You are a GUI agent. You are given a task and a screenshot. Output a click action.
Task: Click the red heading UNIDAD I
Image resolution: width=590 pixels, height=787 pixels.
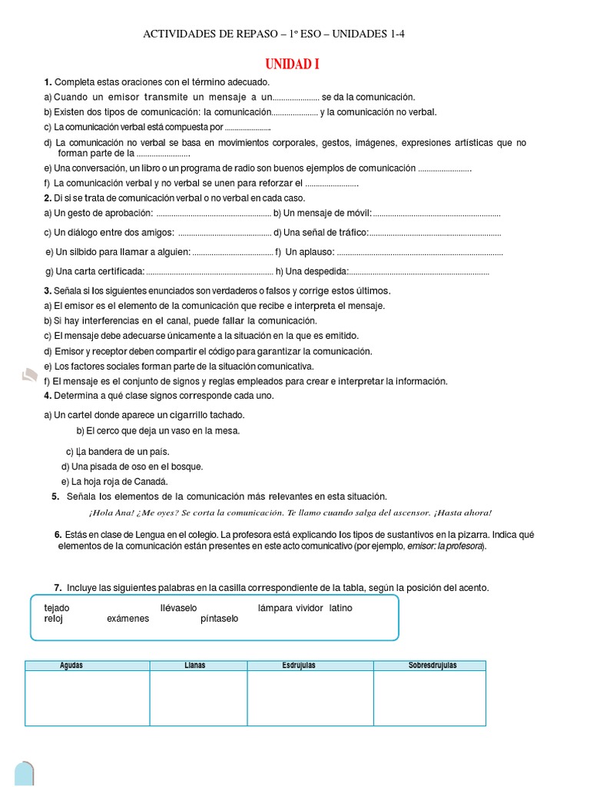(292, 65)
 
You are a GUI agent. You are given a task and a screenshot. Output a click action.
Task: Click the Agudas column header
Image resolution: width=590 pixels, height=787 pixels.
(71, 666)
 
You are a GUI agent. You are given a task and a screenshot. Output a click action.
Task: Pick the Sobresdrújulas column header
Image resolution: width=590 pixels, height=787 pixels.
(433, 666)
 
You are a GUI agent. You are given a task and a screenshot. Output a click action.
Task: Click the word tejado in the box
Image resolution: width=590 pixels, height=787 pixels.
(57, 608)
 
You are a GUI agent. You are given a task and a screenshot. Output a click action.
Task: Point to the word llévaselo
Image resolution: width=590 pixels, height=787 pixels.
(178, 608)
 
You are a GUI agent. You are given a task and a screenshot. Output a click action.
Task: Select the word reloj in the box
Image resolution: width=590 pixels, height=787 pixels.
(53, 619)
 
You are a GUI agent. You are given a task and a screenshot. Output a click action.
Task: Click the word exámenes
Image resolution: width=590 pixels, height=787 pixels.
(128, 619)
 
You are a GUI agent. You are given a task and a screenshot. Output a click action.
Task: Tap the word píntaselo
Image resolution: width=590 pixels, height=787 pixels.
(220, 619)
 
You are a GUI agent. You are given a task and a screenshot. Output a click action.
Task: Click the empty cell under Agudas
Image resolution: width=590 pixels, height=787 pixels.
(87, 698)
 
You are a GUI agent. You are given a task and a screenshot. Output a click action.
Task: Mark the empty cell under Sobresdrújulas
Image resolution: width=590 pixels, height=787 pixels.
(429, 698)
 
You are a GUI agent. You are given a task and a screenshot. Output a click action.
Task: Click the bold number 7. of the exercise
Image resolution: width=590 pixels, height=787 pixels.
(58, 588)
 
